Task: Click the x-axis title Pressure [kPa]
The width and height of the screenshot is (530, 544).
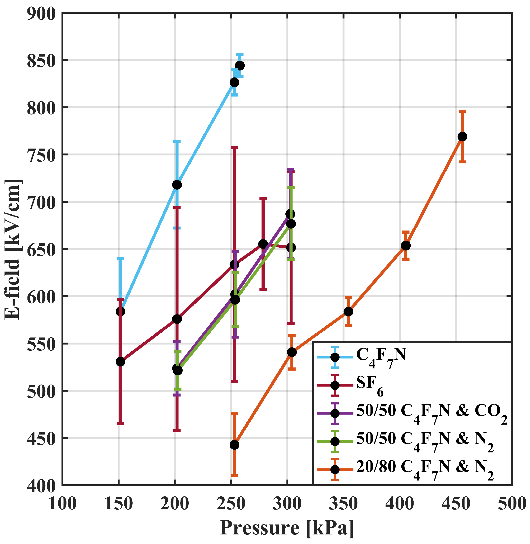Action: [287, 527]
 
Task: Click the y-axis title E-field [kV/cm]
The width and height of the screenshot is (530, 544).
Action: [13, 249]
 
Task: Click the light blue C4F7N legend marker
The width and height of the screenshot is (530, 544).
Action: [335, 357]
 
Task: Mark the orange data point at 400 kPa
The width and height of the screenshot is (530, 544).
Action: [406, 246]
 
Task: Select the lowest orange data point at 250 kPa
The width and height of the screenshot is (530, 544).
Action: [234, 445]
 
